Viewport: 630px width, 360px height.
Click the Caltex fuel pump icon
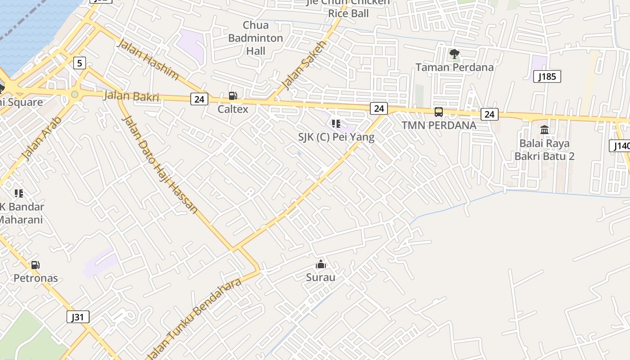click(233, 95)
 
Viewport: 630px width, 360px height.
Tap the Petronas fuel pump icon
click(35, 265)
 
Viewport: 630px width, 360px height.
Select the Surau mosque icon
click(320, 264)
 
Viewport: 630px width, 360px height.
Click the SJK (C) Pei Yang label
click(336, 137)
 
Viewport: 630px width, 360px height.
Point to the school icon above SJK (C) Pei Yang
click(336, 123)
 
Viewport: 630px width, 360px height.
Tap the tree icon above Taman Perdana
click(454, 54)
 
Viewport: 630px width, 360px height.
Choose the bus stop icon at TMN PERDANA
click(438, 112)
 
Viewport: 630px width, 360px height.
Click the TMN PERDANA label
click(439, 125)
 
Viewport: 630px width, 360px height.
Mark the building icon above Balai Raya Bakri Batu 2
click(544, 130)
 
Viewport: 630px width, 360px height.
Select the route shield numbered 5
click(80, 63)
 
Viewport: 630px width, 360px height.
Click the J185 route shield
click(547, 76)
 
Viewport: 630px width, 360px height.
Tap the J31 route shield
click(77, 317)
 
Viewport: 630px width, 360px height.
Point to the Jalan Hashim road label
click(148, 59)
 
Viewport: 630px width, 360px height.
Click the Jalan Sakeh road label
click(303, 64)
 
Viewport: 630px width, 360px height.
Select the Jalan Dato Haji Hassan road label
click(160, 164)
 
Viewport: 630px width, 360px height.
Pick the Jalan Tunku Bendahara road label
click(196, 319)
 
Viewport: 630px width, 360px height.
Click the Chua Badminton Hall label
click(256, 38)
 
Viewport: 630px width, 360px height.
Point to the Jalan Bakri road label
click(131, 96)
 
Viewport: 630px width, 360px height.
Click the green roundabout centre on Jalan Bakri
click(75, 94)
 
